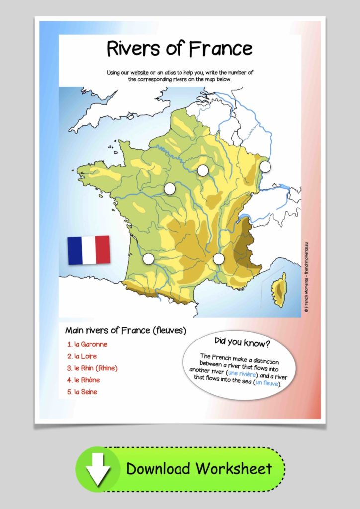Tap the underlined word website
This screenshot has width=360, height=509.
pyautogui.click(x=140, y=72)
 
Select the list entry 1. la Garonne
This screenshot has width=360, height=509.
pyautogui.click(x=88, y=344)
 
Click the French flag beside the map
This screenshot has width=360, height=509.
pyautogui.click(x=89, y=250)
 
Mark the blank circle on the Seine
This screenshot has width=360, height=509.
pyautogui.click(x=202, y=170)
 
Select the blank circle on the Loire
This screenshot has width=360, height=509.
pyautogui.click(x=170, y=189)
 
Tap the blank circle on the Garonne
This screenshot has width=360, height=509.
pyautogui.click(x=148, y=258)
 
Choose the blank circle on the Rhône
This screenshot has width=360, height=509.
pyautogui.click(x=219, y=258)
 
